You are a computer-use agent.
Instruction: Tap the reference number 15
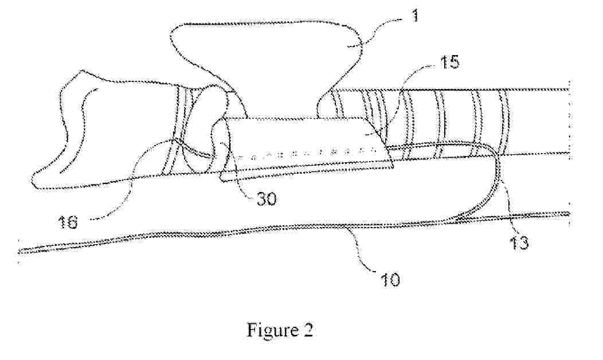click(x=449, y=61)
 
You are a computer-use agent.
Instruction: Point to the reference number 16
click(x=68, y=222)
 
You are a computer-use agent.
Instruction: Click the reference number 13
click(x=519, y=243)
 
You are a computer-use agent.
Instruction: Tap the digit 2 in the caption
click(x=308, y=330)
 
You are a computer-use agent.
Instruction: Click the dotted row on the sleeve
click(x=308, y=154)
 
